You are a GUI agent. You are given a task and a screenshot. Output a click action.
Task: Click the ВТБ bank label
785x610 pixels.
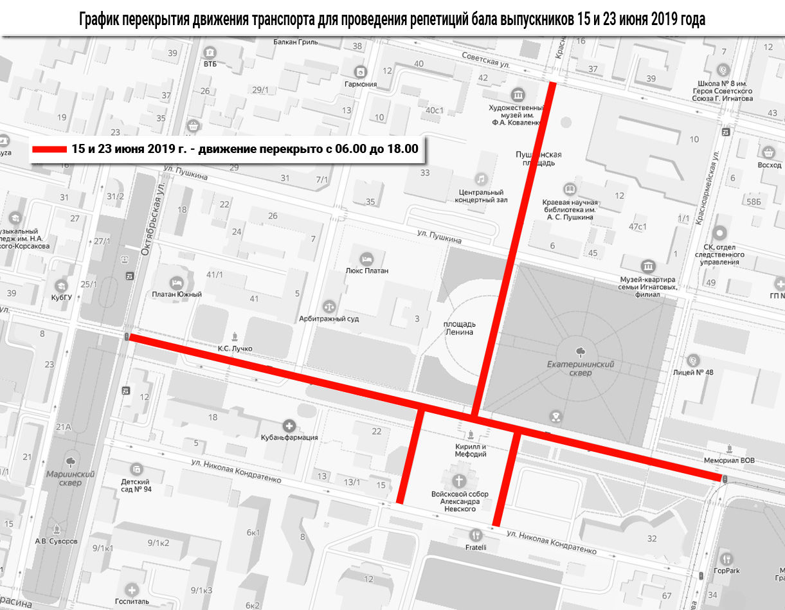click(x=210, y=64)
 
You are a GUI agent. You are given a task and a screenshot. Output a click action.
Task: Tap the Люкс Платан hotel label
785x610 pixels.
click(x=366, y=271)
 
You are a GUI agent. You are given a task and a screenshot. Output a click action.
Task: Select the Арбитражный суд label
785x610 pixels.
click(x=329, y=318)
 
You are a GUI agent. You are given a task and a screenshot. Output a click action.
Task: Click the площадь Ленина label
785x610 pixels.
click(x=458, y=327)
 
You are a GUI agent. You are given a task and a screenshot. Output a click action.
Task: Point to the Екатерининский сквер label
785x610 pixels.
click(x=581, y=368)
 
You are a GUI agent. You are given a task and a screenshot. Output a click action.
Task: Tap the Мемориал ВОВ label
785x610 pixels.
click(x=730, y=460)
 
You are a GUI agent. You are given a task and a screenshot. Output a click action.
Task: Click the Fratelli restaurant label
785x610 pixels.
click(x=476, y=547)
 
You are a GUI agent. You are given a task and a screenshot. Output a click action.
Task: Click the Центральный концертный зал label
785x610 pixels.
click(x=482, y=195)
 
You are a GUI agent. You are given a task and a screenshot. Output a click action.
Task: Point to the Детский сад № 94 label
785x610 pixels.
click(x=136, y=485)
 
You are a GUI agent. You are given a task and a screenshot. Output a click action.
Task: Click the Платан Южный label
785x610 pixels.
click(x=177, y=294)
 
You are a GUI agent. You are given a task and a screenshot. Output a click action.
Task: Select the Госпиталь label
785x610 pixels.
click(x=132, y=601)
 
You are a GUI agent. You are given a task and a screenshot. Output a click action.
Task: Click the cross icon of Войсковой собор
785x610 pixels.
click(x=459, y=481)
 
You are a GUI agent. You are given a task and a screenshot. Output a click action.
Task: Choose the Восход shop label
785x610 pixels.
click(x=770, y=165)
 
